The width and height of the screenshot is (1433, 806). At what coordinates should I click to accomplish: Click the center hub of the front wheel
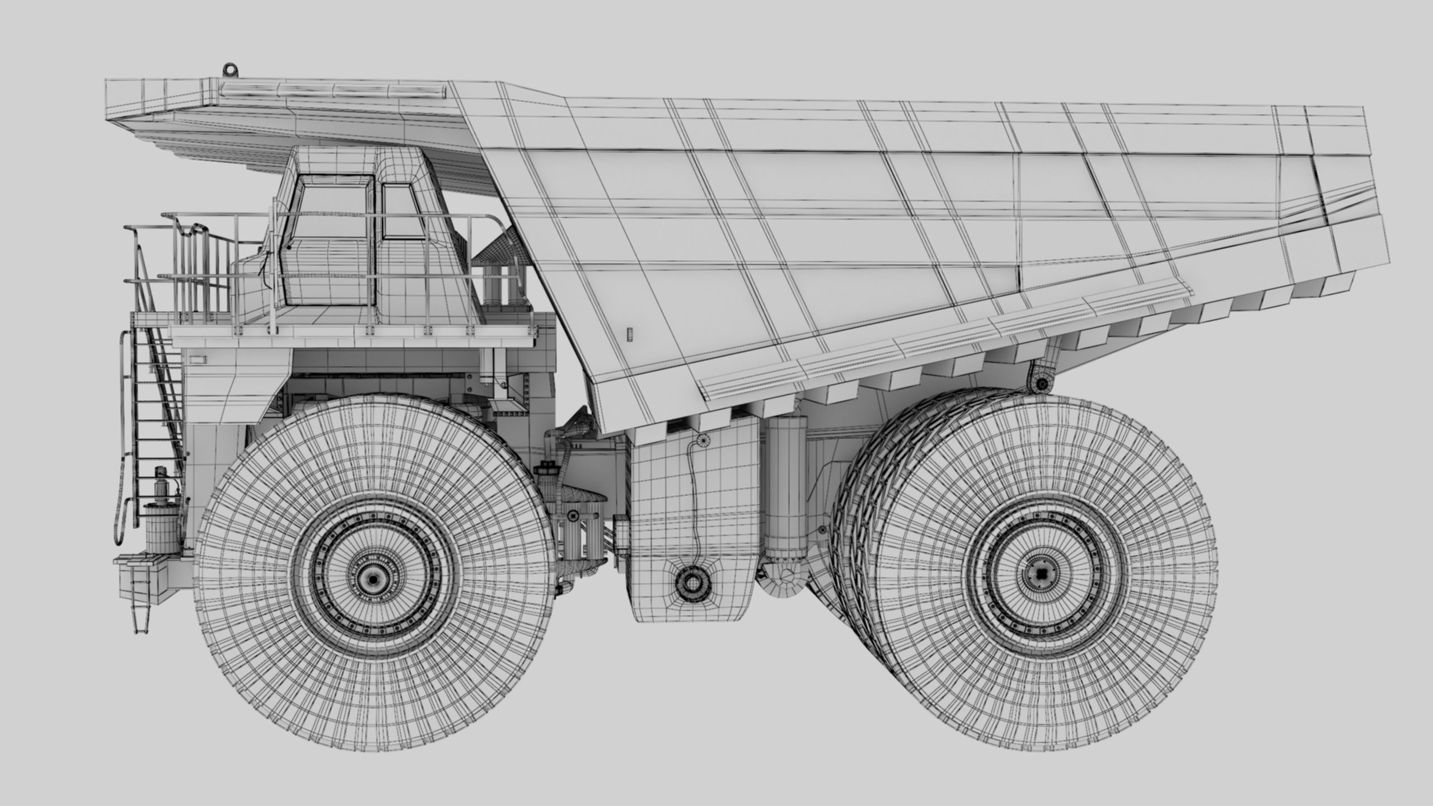(x=371, y=579)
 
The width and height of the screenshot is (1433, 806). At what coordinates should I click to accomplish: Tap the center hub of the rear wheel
(x=1040, y=573)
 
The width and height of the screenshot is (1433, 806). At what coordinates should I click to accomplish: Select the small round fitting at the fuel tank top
(x=703, y=440)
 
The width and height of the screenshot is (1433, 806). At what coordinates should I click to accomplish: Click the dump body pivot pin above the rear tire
(x=1042, y=383)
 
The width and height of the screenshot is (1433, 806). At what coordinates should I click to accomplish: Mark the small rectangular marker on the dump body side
(x=629, y=334)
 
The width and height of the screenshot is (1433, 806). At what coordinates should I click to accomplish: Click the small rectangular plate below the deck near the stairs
(x=196, y=359)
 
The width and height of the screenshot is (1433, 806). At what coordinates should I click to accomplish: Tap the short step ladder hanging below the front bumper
(x=139, y=610)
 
